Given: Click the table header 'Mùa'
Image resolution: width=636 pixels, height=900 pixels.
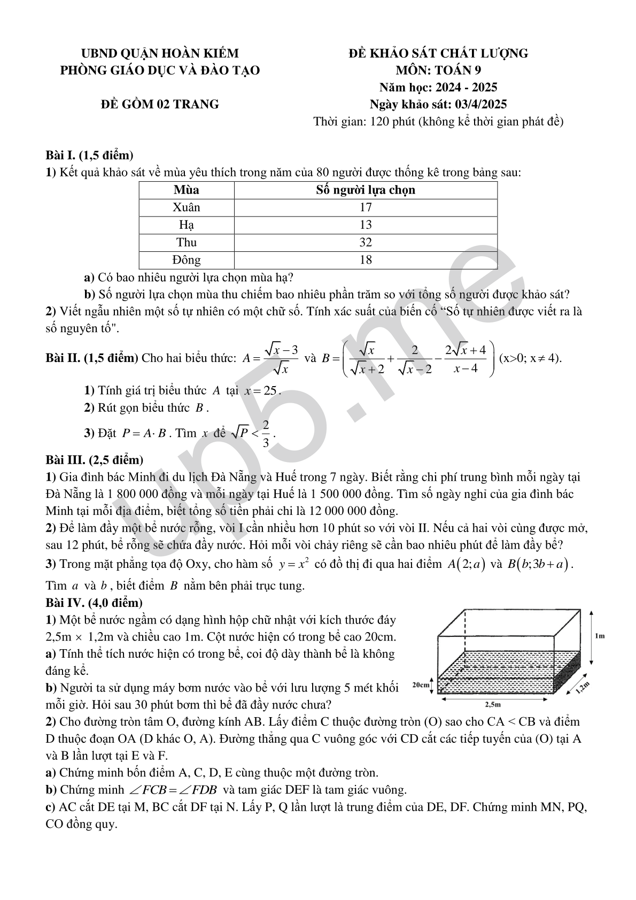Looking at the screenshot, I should coord(187,190).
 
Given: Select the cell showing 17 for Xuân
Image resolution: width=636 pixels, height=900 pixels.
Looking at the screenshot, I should coord(366,207).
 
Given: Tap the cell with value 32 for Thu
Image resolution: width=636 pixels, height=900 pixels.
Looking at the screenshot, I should coord(366,243).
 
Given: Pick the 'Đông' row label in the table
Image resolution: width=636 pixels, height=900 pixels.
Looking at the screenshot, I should coord(187,260).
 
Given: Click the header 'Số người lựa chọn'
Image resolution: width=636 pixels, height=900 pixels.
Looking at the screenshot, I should coord(366,190).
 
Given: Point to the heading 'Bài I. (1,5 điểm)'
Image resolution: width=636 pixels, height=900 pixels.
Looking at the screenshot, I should coord(89,156).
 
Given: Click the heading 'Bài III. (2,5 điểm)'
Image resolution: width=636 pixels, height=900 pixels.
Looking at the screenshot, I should coord(94,459).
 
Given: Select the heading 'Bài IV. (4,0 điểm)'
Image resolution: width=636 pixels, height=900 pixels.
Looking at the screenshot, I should coord(94,603).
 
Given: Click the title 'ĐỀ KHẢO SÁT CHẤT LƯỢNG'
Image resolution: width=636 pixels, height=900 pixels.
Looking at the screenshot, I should coord(438,53).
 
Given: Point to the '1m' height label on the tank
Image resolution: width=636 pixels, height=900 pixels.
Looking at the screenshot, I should coord(599,636).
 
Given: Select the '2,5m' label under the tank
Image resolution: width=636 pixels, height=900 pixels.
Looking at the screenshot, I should coord(492,704).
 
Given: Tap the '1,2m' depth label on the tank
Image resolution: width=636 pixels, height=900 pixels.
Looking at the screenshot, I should coord(583,688).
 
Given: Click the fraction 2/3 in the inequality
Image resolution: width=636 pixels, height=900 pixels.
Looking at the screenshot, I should coord(266,433).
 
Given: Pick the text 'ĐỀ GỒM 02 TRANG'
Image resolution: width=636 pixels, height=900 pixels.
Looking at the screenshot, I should coord(160,104).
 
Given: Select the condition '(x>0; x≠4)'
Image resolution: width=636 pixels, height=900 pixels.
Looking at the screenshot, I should coord(530,358).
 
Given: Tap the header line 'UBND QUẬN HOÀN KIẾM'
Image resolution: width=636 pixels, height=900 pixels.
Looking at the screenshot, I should coord(160,53).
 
